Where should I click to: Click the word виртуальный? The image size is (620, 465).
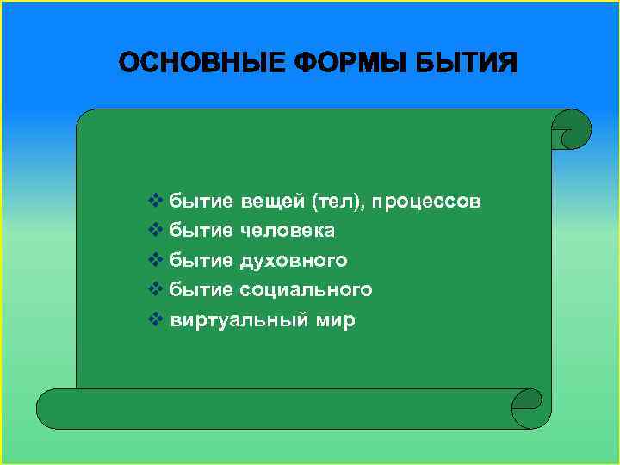pyautogui.click(x=235, y=320)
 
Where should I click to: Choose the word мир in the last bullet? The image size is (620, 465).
pyautogui.click(x=332, y=320)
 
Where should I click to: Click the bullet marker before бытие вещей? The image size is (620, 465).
pyautogui.click(x=155, y=201)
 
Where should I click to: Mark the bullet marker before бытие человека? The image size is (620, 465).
pyautogui.click(x=155, y=231)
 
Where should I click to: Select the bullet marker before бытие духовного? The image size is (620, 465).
pyautogui.click(x=155, y=260)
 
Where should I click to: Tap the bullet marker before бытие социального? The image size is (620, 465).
pyautogui.click(x=155, y=289)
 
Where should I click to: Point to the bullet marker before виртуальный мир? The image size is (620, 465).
pyautogui.click(x=155, y=320)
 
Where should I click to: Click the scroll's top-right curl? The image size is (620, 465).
pyautogui.click(x=571, y=130)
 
